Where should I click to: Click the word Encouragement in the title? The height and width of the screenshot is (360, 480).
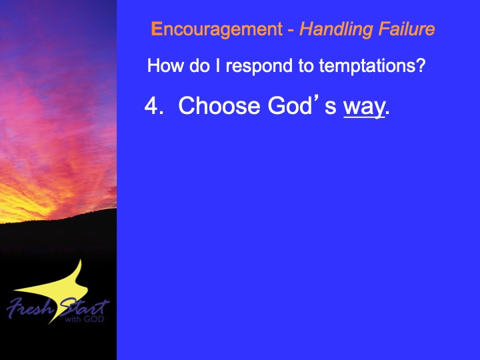[217, 30]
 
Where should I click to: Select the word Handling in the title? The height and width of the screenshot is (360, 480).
[336, 30]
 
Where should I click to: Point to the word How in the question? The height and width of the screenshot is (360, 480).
[165, 65]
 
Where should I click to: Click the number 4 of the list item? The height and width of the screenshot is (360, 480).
[151, 105]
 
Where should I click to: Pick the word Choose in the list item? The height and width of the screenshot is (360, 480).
[219, 105]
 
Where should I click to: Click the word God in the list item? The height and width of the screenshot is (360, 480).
[289, 105]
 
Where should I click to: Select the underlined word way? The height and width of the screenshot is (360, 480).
[364, 108]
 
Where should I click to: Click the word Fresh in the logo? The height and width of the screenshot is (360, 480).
[30, 307]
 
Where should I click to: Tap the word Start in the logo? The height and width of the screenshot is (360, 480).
[84, 307]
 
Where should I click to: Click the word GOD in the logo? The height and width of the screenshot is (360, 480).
[94, 319]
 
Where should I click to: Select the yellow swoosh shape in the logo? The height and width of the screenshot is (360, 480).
[61, 291]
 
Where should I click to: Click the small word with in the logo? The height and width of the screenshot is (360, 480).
[73, 319]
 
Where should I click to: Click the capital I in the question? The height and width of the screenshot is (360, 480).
[217, 65]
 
